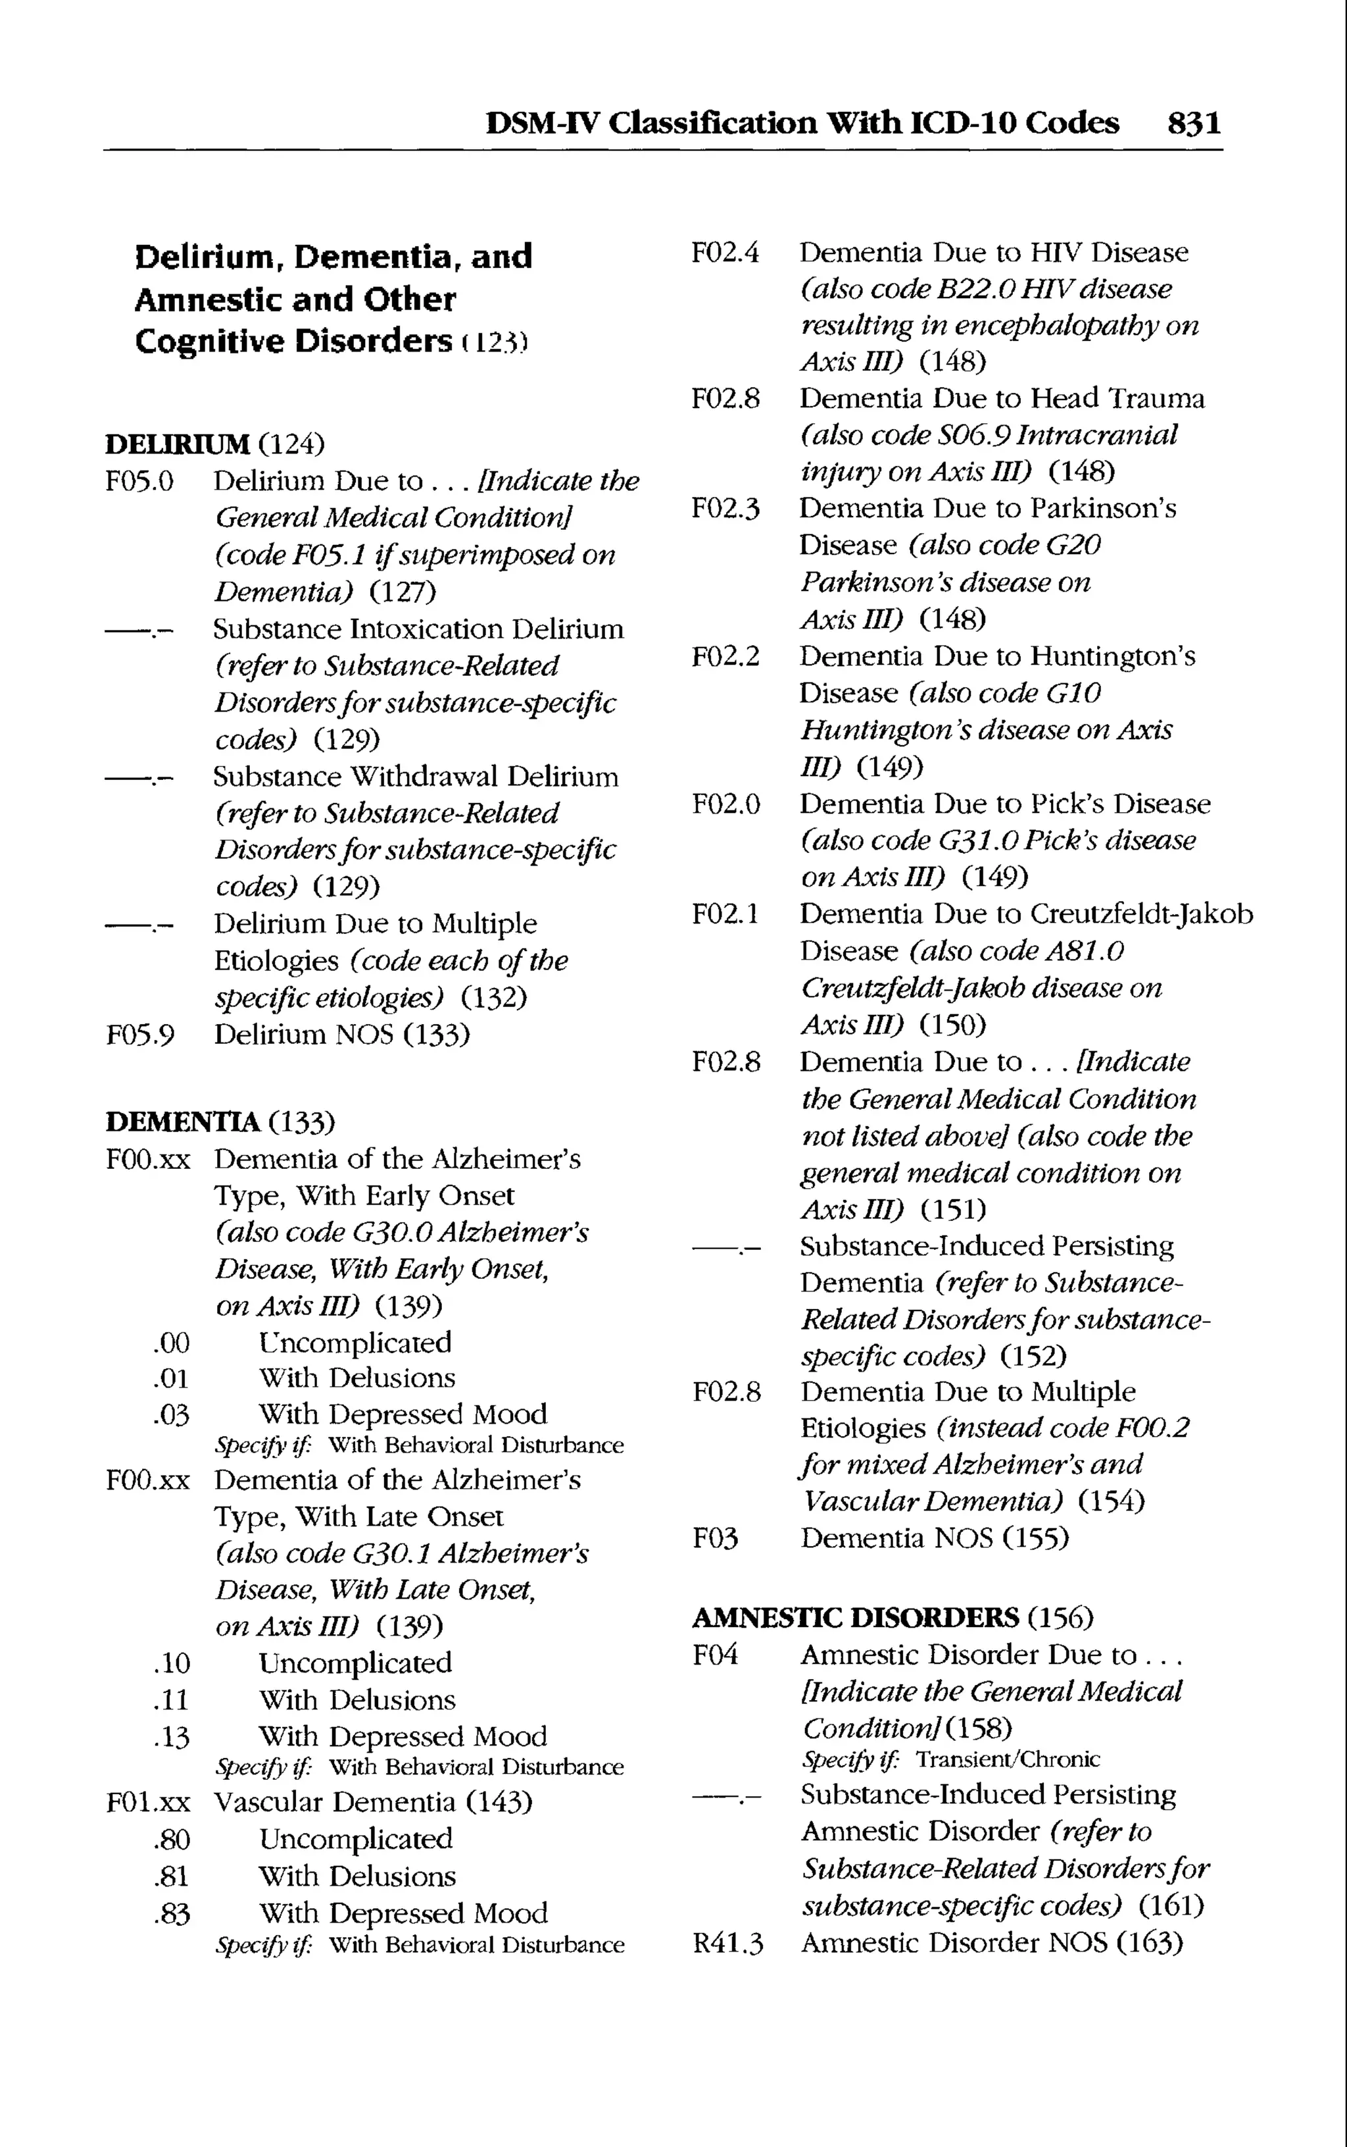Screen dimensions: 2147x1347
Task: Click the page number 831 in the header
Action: (x=1194, y=122)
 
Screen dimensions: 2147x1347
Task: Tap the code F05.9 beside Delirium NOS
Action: (x=140, y=1035)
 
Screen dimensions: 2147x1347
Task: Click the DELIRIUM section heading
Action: (x=178, y=443)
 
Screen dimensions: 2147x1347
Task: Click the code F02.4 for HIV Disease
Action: (x=725, y=253)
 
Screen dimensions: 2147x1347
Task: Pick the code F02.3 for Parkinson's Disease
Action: (x=725, y=509)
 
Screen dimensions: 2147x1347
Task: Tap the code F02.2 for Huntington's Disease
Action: (x=725, y=657)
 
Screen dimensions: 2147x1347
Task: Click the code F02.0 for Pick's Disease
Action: (x=725, y=805)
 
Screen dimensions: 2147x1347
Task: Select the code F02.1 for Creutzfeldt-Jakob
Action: (x=725, y=914)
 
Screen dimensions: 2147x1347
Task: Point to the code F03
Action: (x=716, y=1538)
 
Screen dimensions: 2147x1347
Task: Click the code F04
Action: (x=716, y=1655)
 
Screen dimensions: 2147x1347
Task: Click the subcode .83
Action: (x=171, y=1913)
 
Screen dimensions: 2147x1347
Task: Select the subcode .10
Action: (x=171, y=1663)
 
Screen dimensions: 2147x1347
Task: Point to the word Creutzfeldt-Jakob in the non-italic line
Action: (x=1141, y=914)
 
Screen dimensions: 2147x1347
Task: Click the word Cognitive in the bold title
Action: (x=209, y=342)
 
